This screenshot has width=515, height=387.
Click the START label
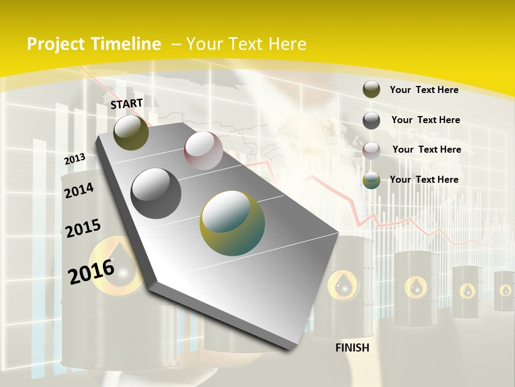[127, 103]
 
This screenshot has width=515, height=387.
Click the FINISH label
[352, 348]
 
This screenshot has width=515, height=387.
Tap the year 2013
[75, 159]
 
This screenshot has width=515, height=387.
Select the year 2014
[79, 190]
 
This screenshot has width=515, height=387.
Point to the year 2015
[83, 228]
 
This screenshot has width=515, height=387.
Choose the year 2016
[91, 271]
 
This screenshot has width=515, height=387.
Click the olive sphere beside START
[131, 132]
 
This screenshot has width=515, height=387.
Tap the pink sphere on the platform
[203, 150]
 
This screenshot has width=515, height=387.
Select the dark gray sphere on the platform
[156, 193]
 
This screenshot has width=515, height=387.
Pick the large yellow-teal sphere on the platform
[232, 223]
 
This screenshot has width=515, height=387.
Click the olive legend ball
[371, 90]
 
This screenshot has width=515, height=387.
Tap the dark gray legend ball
[371, 120]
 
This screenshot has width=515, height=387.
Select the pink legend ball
[371, 150]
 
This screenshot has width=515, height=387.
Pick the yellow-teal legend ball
[371, 180]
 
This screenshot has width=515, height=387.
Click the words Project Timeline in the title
[94, 44]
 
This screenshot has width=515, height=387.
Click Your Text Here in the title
[246, 44]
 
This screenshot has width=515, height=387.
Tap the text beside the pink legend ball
[426, 149]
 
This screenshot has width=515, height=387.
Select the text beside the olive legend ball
[424, 90]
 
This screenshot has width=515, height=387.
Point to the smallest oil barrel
[505, 291]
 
